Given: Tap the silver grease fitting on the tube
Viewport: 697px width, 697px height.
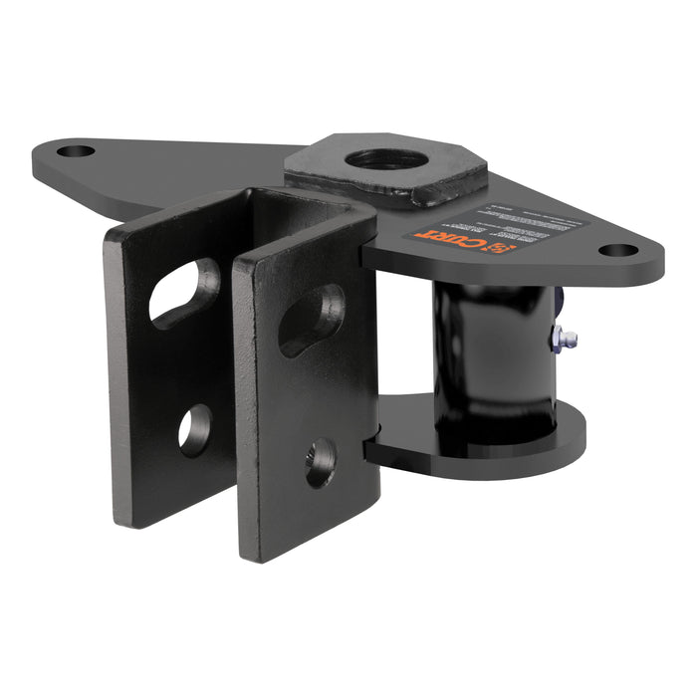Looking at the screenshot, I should (x=563, y=337).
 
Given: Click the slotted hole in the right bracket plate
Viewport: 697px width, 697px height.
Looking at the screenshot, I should (x=312, y=319).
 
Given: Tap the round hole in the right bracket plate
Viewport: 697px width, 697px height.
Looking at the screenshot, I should (x=320, y=462).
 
